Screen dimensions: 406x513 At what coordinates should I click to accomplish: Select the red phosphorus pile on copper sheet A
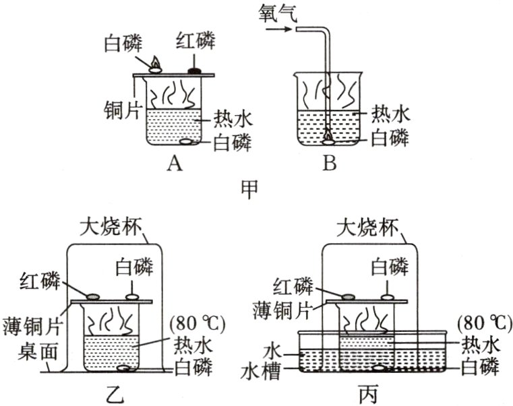click(195, 69)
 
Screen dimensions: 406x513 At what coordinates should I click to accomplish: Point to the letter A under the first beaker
click(173, 162)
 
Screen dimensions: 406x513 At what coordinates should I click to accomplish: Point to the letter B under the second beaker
click(328, 162)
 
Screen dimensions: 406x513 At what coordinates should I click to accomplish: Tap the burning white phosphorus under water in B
click(328, 137)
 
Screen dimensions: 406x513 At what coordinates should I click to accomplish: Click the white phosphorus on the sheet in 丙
click(388, 295)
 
